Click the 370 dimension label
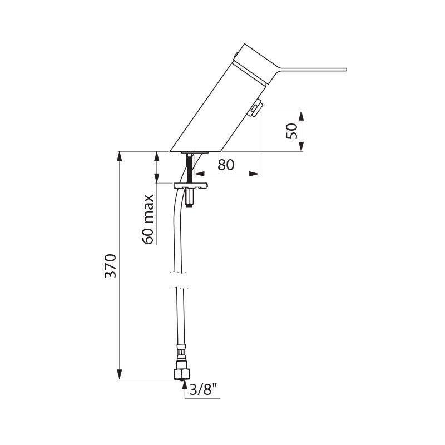(110, 266)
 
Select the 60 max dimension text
(148, 219)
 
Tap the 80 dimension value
(226, 165)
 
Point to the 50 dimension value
(291, 131)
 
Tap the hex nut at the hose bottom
(182, 374)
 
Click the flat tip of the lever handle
(345, 70)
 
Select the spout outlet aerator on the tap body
(254, 110)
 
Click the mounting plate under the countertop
(191, 185)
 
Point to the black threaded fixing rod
(189, 168)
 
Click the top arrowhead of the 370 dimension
(120, 157)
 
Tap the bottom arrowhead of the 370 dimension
(120, 374)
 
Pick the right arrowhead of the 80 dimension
(254, 174)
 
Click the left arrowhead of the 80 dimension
(200, 174)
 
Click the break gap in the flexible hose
(179, 281)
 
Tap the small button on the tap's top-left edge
(235, 55)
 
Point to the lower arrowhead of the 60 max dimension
(156, 178)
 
